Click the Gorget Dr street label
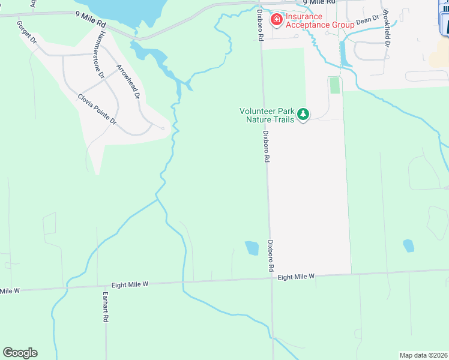pyautogui.click(x=28, y=32)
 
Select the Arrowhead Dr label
pyautogui.click(x=128, y=81)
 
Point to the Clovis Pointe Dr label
pyautogui.click(x=97, y=109)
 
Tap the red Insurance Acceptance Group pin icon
pyautogui.click(x=277, y=20)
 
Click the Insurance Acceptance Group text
pyautogui.click(x=311, y=20)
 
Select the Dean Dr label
pyautogui.click(x=368, y=20)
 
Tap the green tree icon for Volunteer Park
pyautogui.click(x=304, y=114)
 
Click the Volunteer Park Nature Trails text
pyautogui.click(x=267, y=115)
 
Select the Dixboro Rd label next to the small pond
pyautogui.click(x=271, y=255)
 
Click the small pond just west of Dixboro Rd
pyautogui.click(x=252, y=247)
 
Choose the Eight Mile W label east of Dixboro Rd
pyautogui.click(x=296, y=277)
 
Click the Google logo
pyautogui.click(x=20, y=353)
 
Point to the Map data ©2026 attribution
pyautogui.click(x=423, y=355)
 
